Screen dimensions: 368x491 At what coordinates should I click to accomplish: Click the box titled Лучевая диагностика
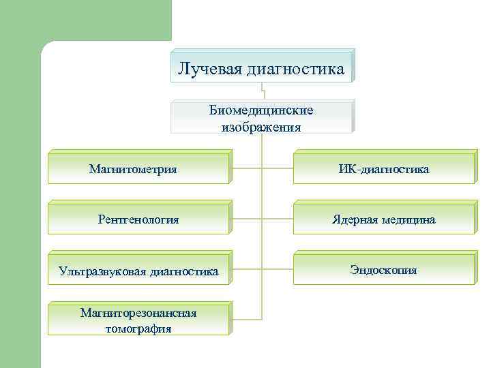(x=261, y=67)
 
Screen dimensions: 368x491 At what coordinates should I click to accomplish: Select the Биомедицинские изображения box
(x=261, y=117)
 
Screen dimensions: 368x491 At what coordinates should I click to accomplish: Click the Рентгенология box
(x=138, y=219)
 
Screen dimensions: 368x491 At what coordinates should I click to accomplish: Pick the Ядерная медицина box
(x=384, y=219)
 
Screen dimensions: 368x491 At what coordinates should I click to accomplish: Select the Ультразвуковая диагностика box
(x=138, y=271)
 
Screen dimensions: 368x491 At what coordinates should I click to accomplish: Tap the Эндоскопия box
(x=384, y=270)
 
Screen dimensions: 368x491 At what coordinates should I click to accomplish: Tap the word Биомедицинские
(x=261, y=110)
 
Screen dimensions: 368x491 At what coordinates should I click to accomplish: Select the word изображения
(x=261, y=126)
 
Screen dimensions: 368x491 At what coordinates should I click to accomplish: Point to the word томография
(x=138, y=328)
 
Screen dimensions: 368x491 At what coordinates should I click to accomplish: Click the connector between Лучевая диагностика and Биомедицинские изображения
(x=262, y=91)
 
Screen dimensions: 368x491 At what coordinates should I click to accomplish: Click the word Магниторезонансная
(x=138, y=313)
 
